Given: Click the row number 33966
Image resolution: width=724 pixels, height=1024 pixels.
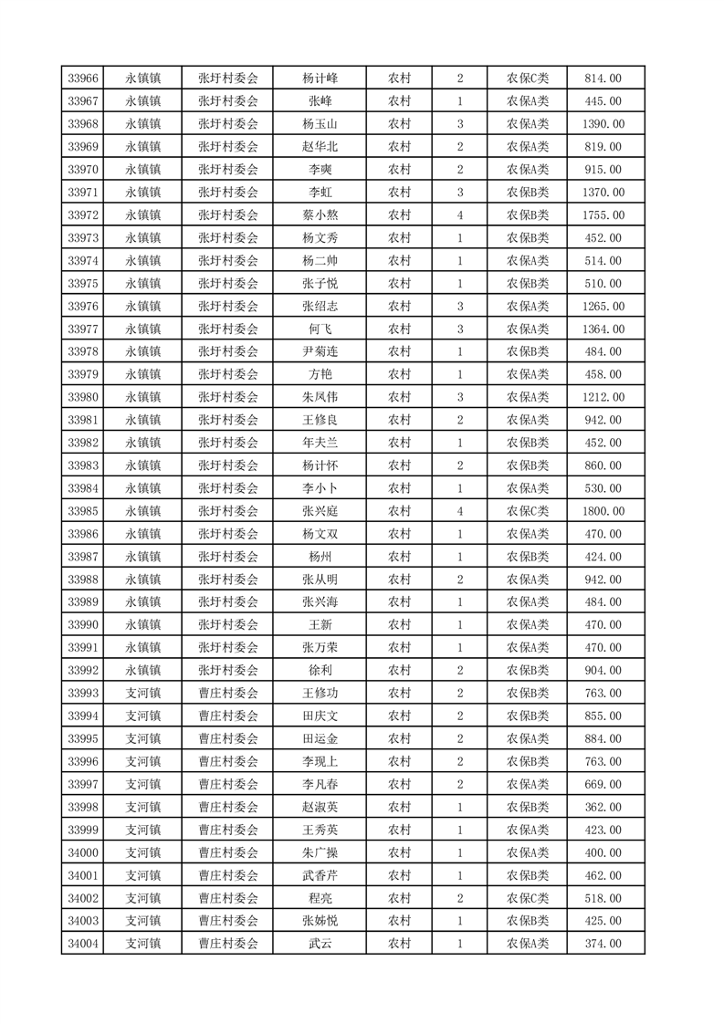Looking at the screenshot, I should pyautogui.click(x=83, y=78).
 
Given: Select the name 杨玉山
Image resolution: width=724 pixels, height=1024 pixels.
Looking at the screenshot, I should pyautogui.click(x=320, y=124).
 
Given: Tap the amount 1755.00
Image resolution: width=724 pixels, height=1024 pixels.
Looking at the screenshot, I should pyautogui.click(x=603, y=215).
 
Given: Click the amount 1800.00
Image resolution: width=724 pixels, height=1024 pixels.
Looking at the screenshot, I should pyautogui.click(x=603, y=511).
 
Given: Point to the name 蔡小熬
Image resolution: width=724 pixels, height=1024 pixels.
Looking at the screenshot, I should pyautogui.click(x=320, y=215).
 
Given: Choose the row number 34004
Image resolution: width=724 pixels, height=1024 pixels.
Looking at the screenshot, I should pyautogui.click(x=83, y=944).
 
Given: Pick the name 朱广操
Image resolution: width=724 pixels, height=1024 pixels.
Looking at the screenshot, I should pyautogui.click(x=320, y=852).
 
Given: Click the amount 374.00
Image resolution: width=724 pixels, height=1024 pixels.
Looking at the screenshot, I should pyautogui.click(x=603, y=944).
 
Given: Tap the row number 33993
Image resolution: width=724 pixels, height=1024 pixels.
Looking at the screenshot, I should pyautogui.click(x=83, y=693).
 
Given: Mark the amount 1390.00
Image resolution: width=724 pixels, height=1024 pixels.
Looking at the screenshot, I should pyautogui.click(x=603, y=124).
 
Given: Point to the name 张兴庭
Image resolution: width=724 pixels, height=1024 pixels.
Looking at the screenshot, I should pyautogui.click(x=320, y=511).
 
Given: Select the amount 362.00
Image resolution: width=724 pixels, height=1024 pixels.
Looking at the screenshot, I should pyautogui.click(x=603, y=807).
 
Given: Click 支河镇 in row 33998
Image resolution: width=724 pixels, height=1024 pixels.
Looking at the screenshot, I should pyautogui.click(x=142, y=807).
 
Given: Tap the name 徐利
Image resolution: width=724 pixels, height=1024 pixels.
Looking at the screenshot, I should pyautogui.click(x=320, y=671).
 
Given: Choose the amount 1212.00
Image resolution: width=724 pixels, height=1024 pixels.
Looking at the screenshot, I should pyautogui.click(x=603, y=397).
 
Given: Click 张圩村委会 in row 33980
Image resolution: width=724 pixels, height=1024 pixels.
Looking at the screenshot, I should pyautogui.click(x=228, y=397).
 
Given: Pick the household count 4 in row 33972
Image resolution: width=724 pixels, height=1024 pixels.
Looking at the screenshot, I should pyautogui.click(x=459, y=215).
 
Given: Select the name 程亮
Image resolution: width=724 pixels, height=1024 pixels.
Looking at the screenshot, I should pyautogui.click(x=320, y=898).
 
